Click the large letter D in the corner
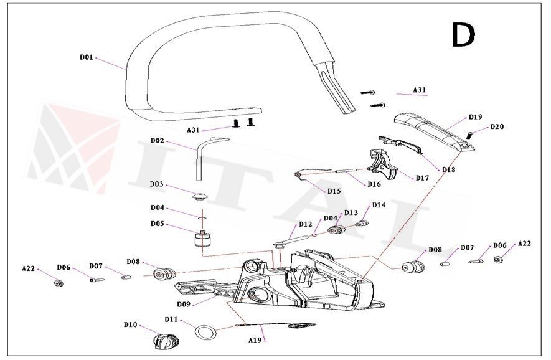[463, 36]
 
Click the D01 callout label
[87, 57]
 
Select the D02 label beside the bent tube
[157, 141]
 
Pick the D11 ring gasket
[205, 332]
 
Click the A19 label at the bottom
[255, 341]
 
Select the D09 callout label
[183, 304]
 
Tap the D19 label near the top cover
[475, 116]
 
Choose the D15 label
[334, 191]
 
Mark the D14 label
[379, 205]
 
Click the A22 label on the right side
[524, 244]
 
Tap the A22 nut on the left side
[57, 284]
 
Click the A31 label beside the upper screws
[420, 90]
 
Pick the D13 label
[351, 212]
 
